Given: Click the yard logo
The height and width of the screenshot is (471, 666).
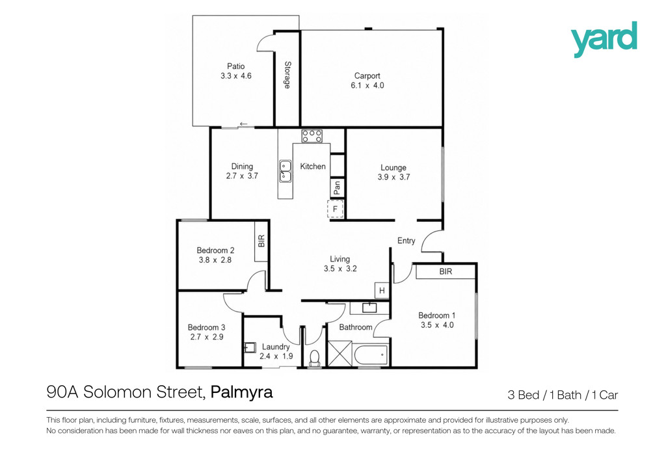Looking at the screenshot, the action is [x=604, y=39].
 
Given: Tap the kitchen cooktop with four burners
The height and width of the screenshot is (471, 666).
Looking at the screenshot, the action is [x=312, y=137].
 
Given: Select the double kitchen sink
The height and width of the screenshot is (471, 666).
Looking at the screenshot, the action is [x=285, y=170].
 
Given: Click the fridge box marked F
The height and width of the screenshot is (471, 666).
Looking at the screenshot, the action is [x=335, y=209].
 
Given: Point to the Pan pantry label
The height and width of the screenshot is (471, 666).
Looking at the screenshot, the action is [x=337, y=188].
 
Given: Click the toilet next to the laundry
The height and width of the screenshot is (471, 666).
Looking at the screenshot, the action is [x=314, y=358].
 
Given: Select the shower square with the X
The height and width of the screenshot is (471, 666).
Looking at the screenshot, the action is [x=340, y=353].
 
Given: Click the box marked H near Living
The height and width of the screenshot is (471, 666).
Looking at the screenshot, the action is [x=381, y=291].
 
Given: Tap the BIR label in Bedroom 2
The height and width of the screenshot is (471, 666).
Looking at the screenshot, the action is [x=261, y=241].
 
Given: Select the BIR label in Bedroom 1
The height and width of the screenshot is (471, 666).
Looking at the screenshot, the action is [x=446, y=271].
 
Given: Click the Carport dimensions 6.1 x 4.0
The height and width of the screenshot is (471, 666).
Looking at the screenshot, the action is [x=367, y=85].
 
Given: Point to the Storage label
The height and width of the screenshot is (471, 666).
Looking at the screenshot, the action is [x=287, y=75].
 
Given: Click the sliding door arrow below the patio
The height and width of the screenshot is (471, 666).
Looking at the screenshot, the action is [x=243, y=124].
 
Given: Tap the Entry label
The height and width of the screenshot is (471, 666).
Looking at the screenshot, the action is [x=406, y=241].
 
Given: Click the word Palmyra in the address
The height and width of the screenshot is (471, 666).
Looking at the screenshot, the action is [x=242, y=392].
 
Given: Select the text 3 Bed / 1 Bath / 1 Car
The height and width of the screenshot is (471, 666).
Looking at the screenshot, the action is [x=563, y=395].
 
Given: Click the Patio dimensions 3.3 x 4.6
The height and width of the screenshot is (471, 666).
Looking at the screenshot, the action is [x=235, y=76].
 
